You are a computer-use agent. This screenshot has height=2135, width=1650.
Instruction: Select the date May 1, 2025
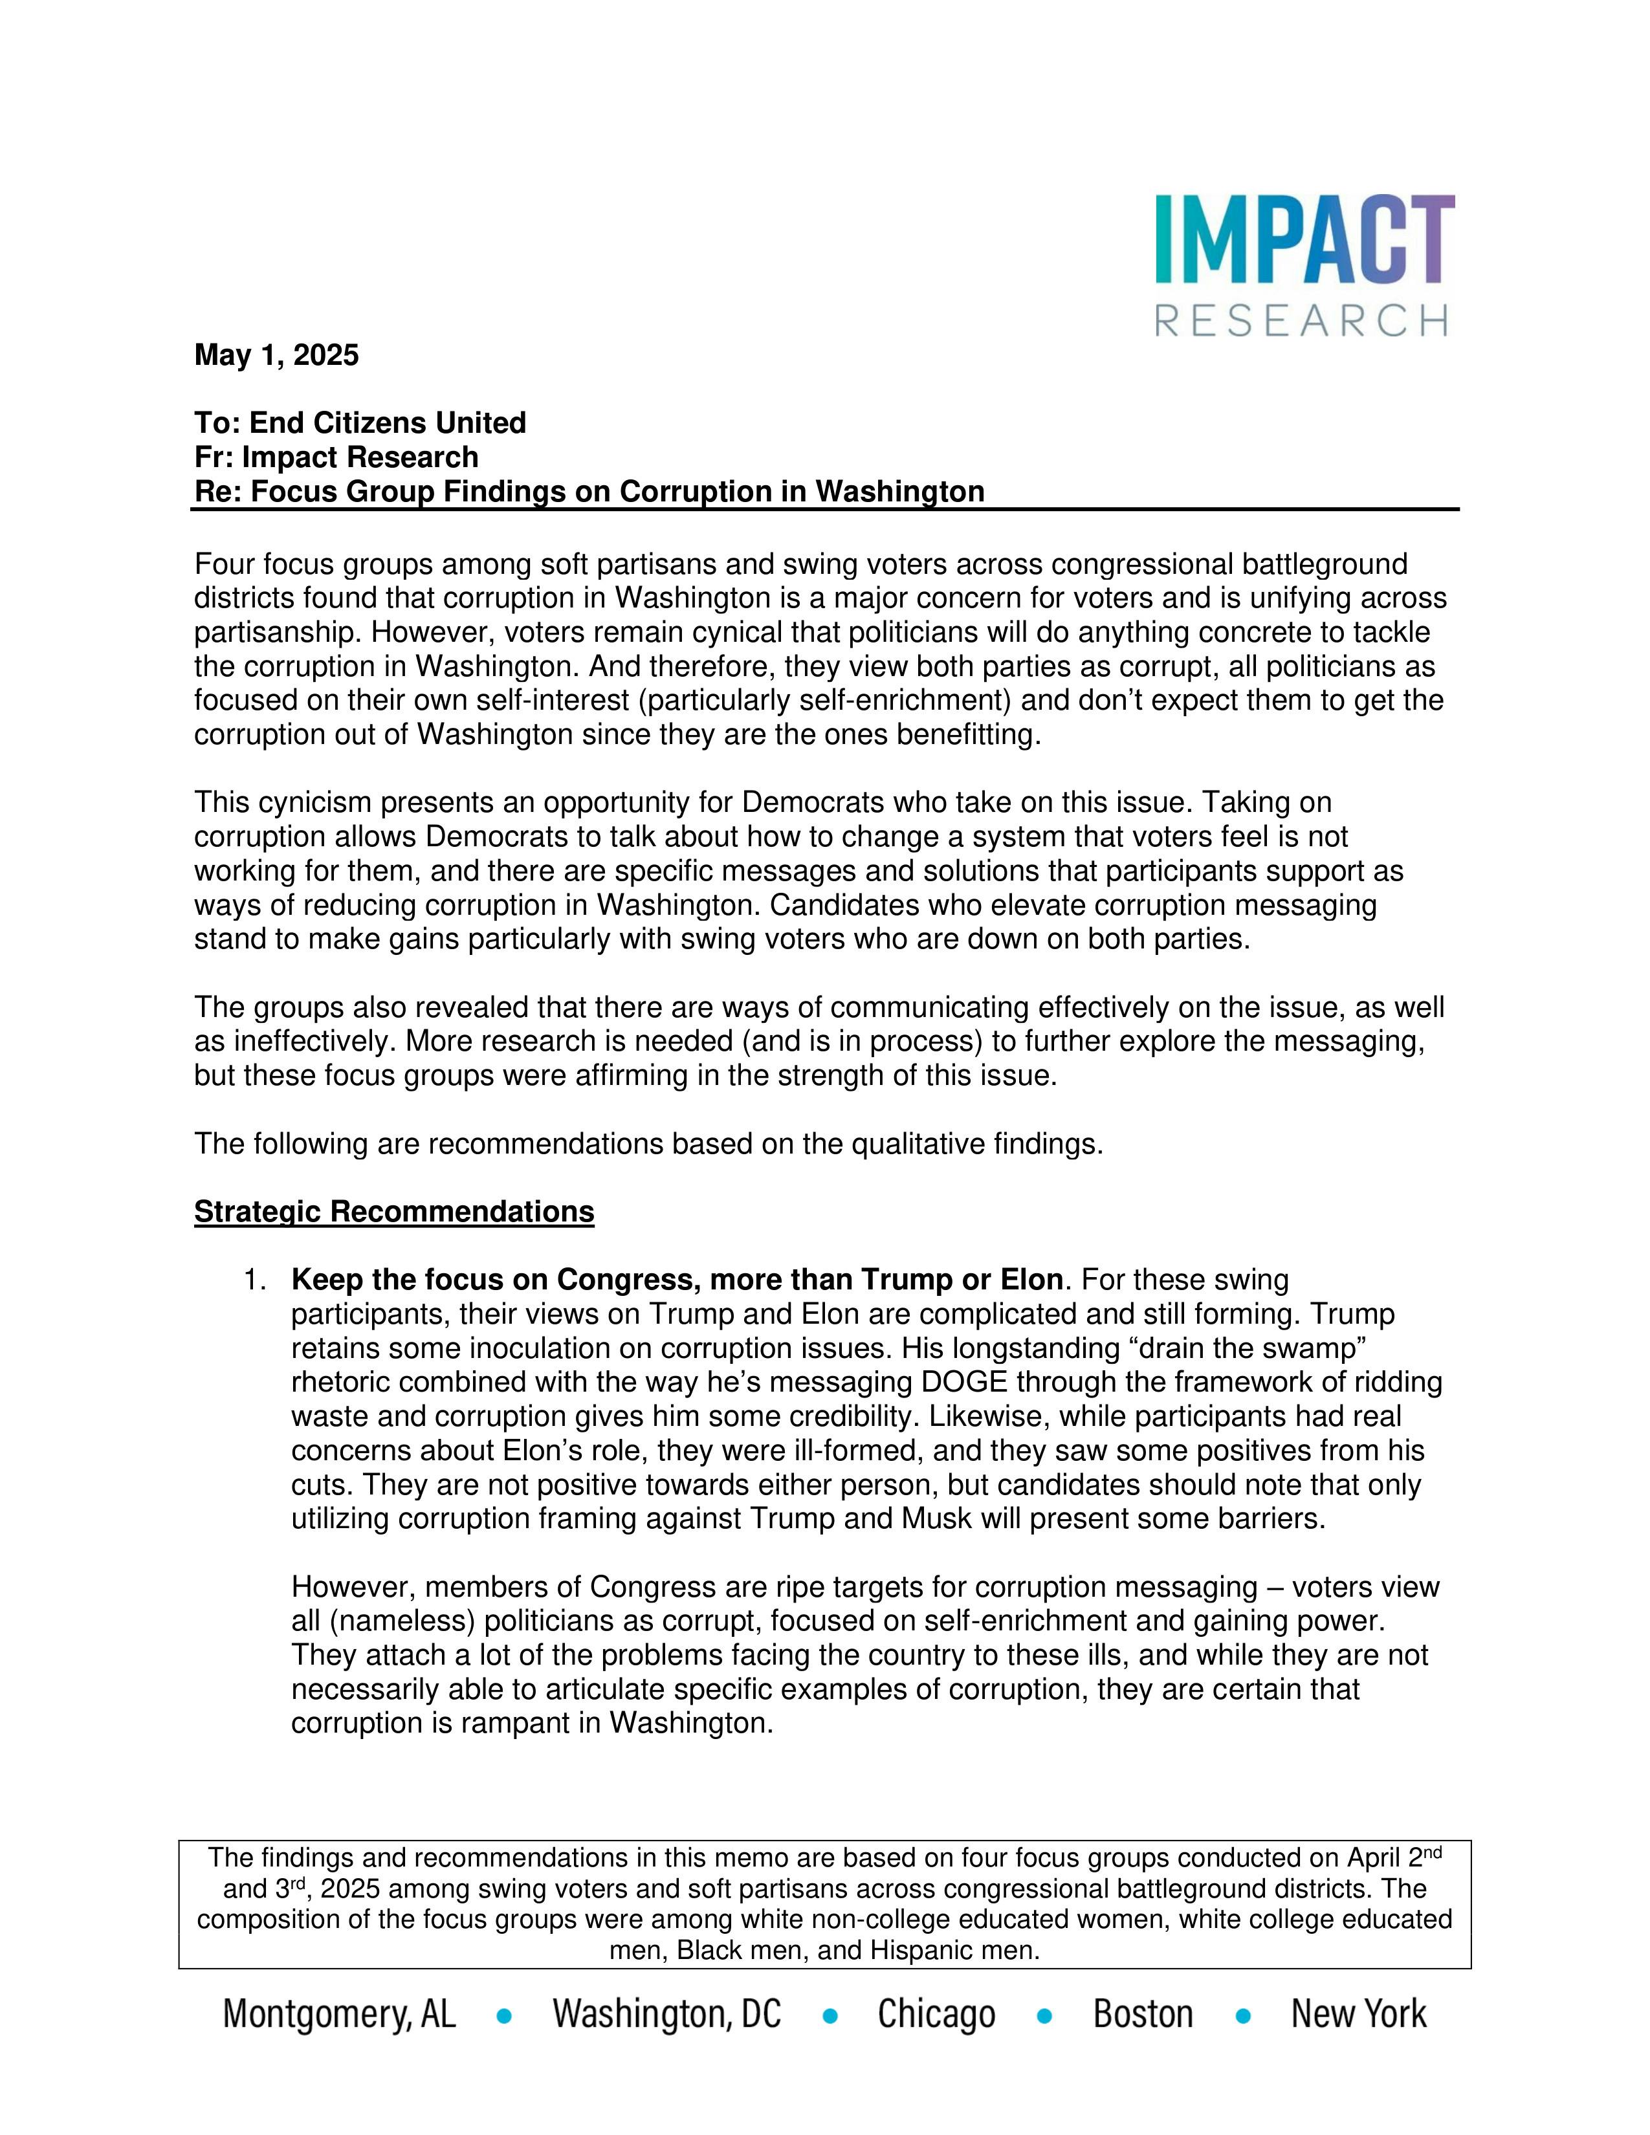(x=277, y=355)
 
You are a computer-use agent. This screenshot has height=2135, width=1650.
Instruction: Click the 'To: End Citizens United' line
(x=360, y=422)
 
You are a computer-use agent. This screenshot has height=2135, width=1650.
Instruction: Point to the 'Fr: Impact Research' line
(x=336, y=457)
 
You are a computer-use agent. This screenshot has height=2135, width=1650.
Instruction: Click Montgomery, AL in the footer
(x=339, y=2014)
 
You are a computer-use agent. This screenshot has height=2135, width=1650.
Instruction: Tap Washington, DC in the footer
(x=666, y=2014)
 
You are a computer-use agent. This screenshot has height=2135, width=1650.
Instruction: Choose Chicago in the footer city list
(x=936, y=2014)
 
